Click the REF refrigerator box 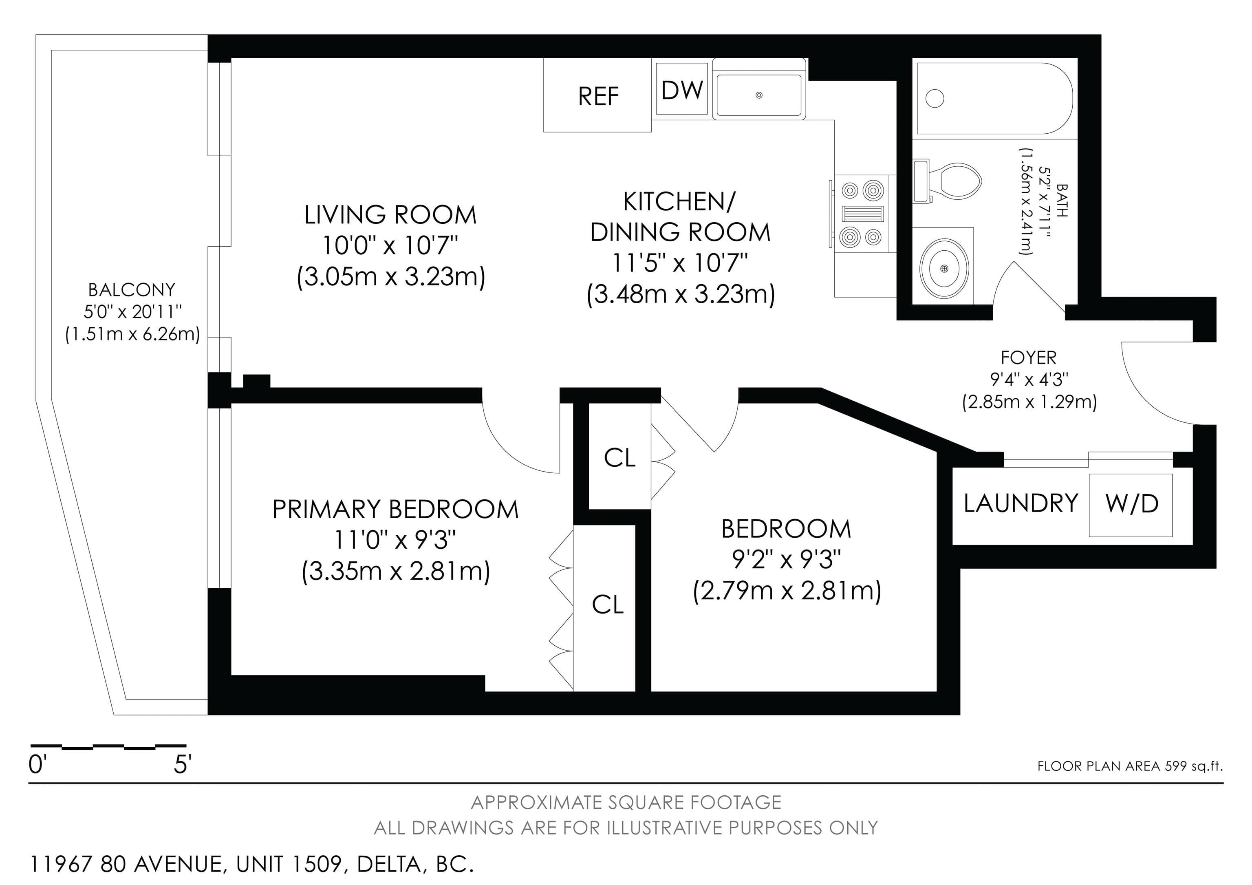(x=597, y=95)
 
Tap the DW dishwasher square (x=681, y=89)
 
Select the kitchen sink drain (x=758, y=95)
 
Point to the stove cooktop (x=862, y=214)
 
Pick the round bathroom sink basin (x=944, y=268)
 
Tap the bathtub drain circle (x=935, y=99)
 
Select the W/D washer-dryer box (x=1131, y=505)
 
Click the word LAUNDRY (x=1021, y=503)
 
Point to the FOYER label (x=1028, y=358)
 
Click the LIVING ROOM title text (x=390, y=215)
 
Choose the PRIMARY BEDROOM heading (x=395, y=509)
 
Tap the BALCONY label (x=132, y=289)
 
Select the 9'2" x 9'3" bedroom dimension (x=786, y=559)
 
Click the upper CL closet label (x=620, y=458)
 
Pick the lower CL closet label (x=608, y=605)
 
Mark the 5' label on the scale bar (x=182, y=765)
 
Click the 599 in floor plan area (x=1176, y=766)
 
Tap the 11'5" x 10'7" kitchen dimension (x=679, y=263)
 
